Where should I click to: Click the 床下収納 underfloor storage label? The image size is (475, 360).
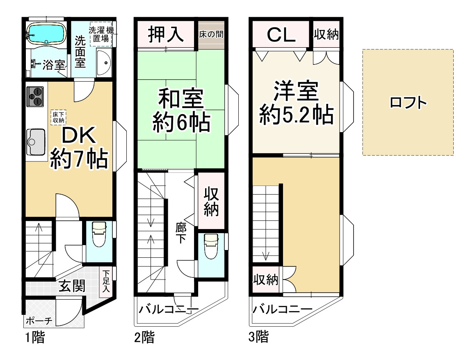[58, 117]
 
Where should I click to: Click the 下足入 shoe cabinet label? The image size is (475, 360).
[106, 281]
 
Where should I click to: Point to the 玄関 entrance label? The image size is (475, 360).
[71, 286]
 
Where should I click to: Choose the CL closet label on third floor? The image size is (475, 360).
[281, 35]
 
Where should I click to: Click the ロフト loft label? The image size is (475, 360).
[408, 103]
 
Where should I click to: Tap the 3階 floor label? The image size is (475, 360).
[258, 338]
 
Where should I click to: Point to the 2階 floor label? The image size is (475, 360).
[144, 338]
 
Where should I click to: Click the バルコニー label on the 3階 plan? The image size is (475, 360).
[282, 309]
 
